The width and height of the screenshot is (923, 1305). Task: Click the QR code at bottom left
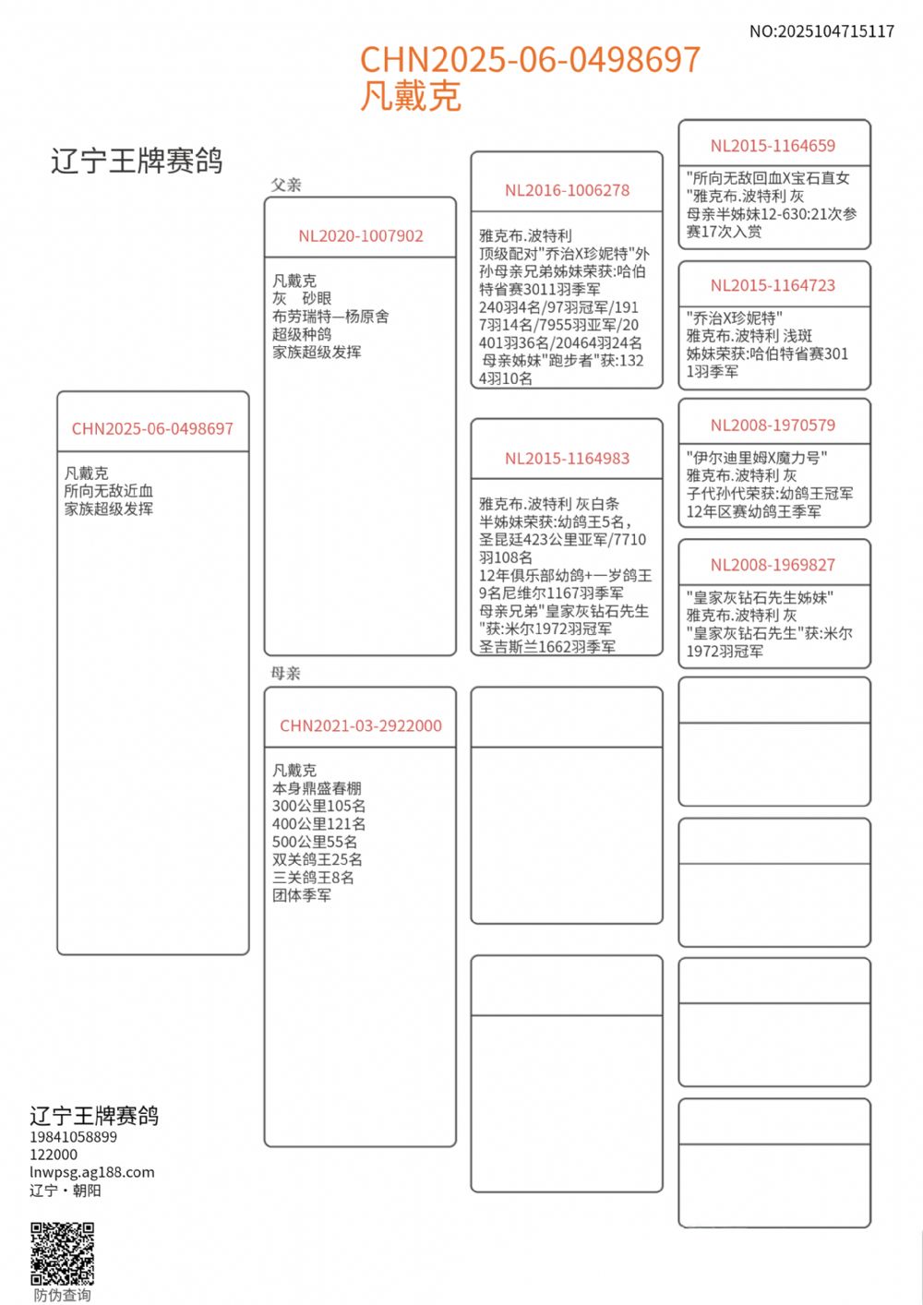(x=62, y=1253)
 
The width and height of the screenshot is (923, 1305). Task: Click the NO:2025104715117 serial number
(x=821, y=31)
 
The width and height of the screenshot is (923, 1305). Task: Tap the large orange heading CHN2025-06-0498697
(x=530, y=60)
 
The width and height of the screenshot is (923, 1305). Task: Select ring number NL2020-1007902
(x=360, y=236)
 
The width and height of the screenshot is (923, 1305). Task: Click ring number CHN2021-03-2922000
(x=360, y=726)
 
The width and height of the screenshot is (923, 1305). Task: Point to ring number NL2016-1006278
(x=567, y=191)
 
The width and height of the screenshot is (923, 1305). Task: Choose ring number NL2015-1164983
(x=567, y=459)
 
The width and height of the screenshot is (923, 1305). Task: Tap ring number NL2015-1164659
(x=773, y=146)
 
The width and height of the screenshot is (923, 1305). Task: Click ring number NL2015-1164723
(x=773, y=286)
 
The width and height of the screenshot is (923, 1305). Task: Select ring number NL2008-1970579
(x=773, y=425)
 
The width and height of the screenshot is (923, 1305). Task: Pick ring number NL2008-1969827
(x=773, y=566)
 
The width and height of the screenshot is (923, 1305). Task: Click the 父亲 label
(x=286, y=186)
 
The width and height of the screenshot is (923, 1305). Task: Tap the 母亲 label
(x=286, y=674)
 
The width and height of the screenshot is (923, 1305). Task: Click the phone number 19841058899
(x=73, y=1137)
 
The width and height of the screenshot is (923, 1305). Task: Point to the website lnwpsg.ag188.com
(x=91, y=1172)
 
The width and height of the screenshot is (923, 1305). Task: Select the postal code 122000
(x=54, y=1155)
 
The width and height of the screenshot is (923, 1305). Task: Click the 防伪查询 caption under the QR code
(x=62, y=1295)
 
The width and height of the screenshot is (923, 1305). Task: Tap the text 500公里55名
(x=315, y=842)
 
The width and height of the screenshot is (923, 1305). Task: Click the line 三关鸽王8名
(x=313, y=878)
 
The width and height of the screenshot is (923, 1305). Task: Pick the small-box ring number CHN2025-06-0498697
(x=152, y=429)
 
